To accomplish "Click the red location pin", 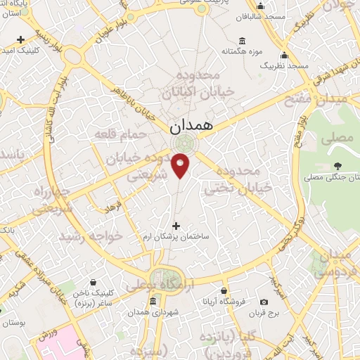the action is (181, 165).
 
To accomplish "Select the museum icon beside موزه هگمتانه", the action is (243, 39).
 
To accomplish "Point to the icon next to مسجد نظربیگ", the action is (284, 55).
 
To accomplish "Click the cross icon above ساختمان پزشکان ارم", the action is (176, 226).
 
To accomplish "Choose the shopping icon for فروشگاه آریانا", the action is (224, 290).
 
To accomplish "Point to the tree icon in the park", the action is (339, 166).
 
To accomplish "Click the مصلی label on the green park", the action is (337, 138).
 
